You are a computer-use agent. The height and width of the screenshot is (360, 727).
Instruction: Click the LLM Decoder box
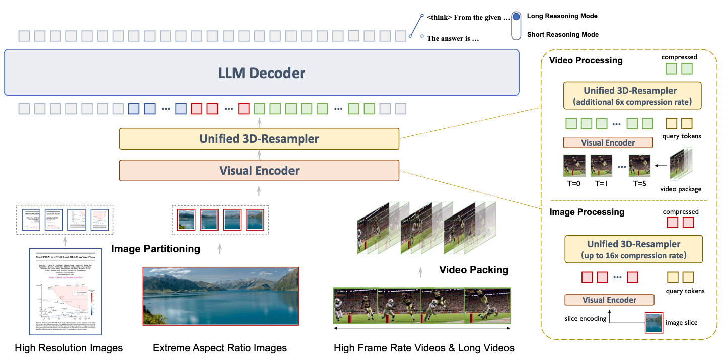point(261,73)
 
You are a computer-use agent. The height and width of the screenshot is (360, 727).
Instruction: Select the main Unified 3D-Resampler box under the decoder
point(259,138)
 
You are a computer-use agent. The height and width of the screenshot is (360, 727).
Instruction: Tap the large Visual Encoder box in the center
point(259,171)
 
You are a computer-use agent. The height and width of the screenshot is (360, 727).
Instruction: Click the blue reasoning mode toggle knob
point(516,17)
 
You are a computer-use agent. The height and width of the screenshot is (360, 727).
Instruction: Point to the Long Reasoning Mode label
point(562,16)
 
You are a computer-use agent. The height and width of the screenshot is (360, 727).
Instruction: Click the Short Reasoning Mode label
point(562,35)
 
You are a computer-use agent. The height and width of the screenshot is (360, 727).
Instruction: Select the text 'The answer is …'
point(452,38)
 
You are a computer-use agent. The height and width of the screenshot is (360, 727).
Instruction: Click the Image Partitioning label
point(156,249)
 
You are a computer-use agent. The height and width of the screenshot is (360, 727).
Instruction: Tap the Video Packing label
point(474,270)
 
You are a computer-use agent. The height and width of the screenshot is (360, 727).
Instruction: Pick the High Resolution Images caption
point(68,348)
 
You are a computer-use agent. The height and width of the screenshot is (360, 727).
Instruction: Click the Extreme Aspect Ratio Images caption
point(220,348)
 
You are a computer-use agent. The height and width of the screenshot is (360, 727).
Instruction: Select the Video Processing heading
point(586,61)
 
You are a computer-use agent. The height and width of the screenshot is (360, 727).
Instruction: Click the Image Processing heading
point(587,212)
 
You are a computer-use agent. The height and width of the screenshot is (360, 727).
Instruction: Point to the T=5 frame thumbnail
point(639,166)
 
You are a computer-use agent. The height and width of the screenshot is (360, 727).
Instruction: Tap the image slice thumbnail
point(653,323)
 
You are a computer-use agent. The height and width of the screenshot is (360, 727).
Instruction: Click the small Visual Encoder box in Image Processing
point(609,300)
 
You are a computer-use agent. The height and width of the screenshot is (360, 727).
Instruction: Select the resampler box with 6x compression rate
point(633,96)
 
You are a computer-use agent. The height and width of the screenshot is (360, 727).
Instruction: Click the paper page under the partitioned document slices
point(65,292)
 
